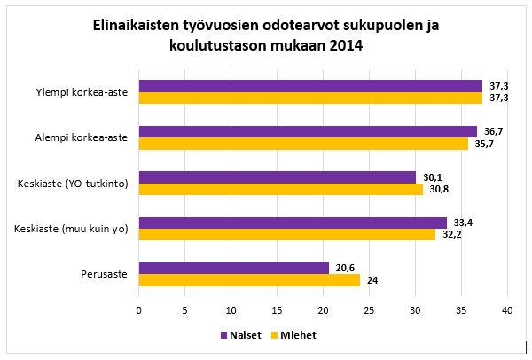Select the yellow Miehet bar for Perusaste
click(x=249, y=279)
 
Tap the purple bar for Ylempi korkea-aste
click(x=310, y=86)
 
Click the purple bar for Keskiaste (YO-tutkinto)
click(x=278, y=176)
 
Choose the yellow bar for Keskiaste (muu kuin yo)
click(x=287, y=234)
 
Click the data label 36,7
click(x=494, y=130)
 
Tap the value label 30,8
click(x=440, y=189)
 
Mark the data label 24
click(x=372, y=280)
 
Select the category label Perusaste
click(x=105, y=274)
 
